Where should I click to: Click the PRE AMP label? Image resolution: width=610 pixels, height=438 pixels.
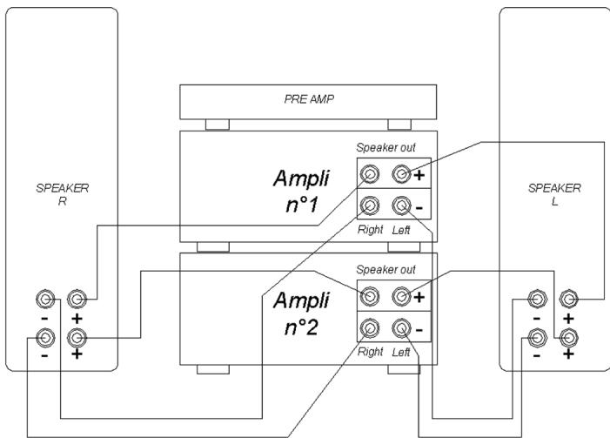[x=309, y=99]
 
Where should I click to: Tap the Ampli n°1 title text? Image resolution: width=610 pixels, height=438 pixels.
[x=301, y=192]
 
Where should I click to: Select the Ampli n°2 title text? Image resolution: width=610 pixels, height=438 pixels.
[x=301, y=313]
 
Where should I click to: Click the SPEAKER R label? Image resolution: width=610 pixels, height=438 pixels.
[x=63, y=194]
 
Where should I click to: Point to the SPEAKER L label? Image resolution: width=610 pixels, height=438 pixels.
[x=554, y=194]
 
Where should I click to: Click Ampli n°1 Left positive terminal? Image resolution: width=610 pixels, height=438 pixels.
[x=401, y=173]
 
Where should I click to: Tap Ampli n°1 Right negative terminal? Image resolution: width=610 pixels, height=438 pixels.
[x=370, y=206]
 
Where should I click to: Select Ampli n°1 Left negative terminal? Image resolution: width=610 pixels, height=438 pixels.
[x=401, y=206]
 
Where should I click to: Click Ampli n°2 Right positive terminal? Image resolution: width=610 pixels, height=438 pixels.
[x=370, y=296]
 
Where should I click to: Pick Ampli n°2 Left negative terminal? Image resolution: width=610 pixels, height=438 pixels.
[x=401, y=327]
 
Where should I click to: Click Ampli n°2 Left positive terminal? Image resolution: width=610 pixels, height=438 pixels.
[x=401, y=296]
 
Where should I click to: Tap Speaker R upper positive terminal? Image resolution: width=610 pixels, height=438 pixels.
[x=77, y=299]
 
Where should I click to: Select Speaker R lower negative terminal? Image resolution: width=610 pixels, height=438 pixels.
[x=45, y=338]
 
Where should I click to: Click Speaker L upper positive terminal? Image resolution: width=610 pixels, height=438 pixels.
[x=569, y=299]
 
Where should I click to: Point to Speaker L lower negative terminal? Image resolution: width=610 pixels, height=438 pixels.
[x=537, y=338]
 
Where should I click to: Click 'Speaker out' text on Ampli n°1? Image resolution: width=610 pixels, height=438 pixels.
[x=385, y=147]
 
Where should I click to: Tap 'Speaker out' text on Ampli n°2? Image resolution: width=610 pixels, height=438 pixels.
[x=385, y=269]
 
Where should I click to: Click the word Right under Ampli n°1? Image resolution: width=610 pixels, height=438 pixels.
[x=371, y=230]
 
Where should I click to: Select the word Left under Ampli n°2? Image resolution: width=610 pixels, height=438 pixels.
[x=401, y=352]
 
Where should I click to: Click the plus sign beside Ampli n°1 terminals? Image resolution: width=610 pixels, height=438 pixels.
[x=419, y=176]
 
